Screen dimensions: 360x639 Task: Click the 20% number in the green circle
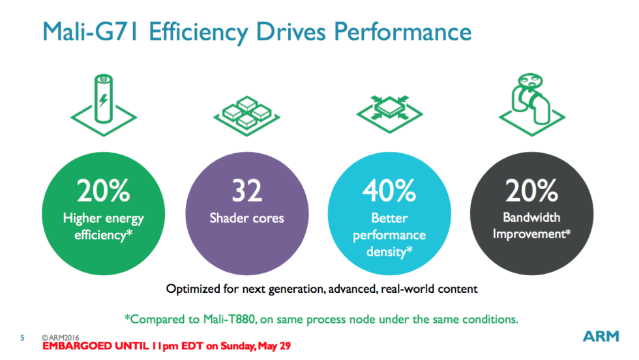tap(103, 190)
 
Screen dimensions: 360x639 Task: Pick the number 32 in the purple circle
tap(246, 190)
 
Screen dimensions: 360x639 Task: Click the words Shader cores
tap(246, 218)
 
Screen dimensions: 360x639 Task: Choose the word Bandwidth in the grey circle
tap(531, 217)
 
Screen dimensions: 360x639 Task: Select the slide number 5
tap(22, 338)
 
